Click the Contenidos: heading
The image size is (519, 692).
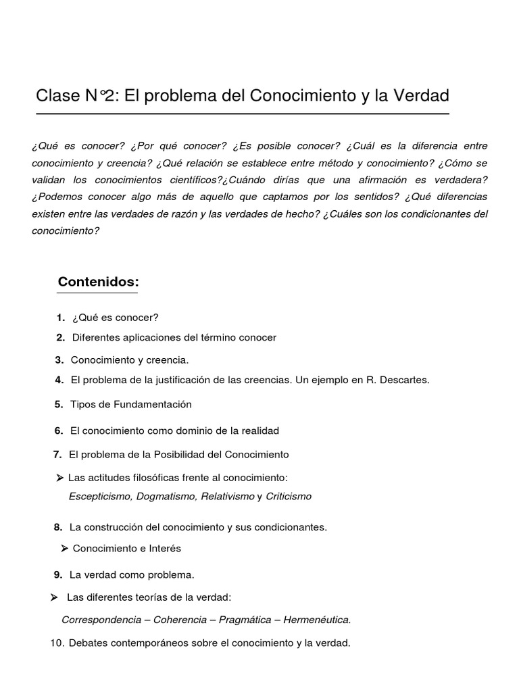pos(98,281)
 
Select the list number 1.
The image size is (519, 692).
pos(61,318)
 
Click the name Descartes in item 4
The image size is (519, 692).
pos(403,380)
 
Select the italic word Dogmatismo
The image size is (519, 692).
pos(166,496)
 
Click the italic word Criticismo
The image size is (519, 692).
pos(289,496)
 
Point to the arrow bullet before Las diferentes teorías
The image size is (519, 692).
pos(54,597)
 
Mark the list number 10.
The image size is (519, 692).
pos(57,643)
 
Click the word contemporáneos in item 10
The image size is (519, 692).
pos(145,643)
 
